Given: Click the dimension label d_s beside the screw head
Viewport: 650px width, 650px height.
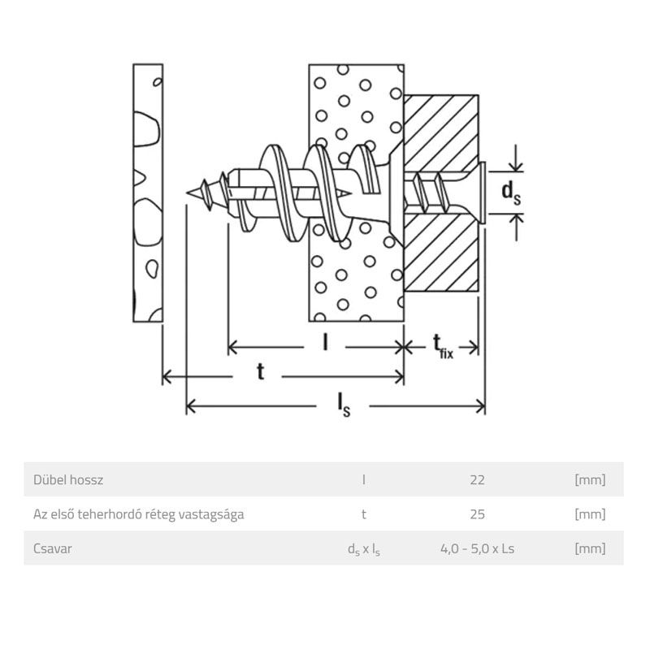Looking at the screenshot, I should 510,192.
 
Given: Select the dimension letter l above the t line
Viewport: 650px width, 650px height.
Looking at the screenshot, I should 324,344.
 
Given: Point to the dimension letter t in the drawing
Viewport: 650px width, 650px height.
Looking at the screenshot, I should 261,372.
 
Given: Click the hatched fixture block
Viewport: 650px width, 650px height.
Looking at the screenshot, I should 443,244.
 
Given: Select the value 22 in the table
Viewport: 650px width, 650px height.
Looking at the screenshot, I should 477,480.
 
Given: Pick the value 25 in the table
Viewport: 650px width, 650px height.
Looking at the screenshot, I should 477,514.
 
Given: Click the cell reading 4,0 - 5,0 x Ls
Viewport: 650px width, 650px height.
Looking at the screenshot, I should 477,548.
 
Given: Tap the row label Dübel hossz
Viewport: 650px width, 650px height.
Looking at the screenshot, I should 68,480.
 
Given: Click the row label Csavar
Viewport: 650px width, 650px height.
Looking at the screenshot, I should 54,548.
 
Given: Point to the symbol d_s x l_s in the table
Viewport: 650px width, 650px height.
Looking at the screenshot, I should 363,549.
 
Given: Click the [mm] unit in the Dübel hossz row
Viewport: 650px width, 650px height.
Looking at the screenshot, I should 590,480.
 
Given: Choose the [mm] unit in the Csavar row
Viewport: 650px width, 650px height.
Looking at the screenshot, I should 590,548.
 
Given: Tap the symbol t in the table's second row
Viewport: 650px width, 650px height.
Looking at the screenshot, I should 363,514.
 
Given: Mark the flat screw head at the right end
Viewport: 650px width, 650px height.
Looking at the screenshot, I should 483,192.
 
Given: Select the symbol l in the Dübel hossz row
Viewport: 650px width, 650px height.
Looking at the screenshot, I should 363,480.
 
